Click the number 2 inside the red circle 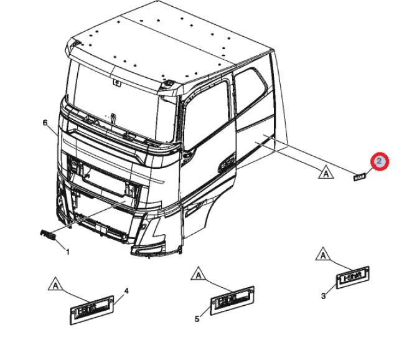(379, 162)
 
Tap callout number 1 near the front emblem (67, 252)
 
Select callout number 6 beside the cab (45, 123)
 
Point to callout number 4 (126, 291)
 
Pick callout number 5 (197, 319)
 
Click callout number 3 (323, 296)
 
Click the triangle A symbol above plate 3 (322, 254)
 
